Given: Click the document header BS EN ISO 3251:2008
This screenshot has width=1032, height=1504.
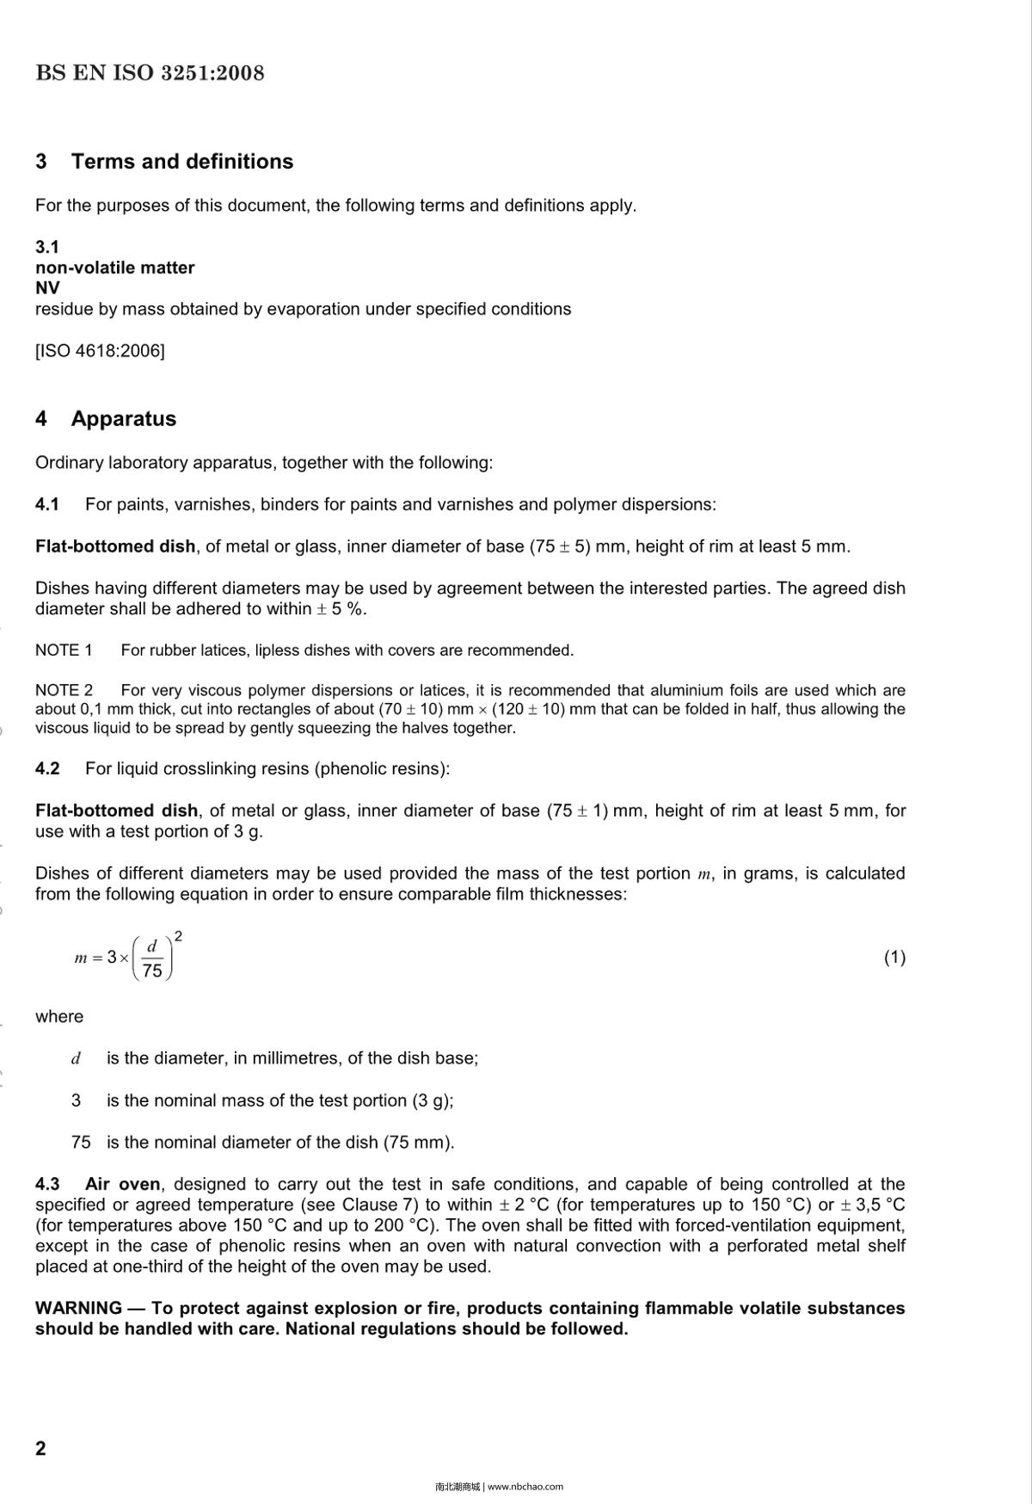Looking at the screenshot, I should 150,73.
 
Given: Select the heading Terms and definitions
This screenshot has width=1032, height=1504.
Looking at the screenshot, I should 181,162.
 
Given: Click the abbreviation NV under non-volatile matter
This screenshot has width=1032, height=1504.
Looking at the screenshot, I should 47,288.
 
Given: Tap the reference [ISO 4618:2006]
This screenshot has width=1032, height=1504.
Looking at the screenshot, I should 100,351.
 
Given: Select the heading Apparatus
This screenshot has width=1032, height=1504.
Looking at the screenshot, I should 123,419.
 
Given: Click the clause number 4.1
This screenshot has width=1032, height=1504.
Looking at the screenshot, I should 47,505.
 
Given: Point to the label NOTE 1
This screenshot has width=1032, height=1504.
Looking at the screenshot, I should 64,650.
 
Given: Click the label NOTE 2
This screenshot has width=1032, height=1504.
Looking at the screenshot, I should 64,691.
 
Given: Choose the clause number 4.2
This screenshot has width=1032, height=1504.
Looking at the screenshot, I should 47,769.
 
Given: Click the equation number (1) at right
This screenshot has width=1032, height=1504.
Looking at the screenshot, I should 894,958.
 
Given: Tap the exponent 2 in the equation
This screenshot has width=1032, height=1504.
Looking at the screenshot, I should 178,936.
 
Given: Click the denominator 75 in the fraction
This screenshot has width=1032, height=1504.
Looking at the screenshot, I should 152,971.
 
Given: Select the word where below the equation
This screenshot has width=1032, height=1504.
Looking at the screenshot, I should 59,1017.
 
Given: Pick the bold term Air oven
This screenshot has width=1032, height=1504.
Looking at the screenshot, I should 122,1185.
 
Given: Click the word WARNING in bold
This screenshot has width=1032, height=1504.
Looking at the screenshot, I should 78,1309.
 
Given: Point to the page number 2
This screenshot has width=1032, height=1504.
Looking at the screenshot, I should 40,1449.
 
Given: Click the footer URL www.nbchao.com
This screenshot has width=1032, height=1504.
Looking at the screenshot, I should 525,1487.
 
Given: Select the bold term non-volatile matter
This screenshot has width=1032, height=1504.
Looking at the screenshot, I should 114,268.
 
